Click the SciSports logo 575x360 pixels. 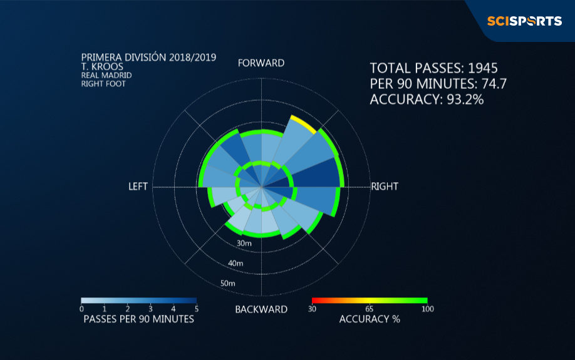[524, 21]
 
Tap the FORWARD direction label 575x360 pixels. [261, 63]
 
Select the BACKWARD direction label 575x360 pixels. [261, 309]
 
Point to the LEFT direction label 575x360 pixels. [138, 187]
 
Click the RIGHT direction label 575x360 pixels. [385, 187]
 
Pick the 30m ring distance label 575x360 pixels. [244, 243]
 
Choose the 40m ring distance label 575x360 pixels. [236, 263]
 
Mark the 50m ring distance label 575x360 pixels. [228, 284]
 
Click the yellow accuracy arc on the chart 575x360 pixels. [304, 124]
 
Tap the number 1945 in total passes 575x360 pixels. [482, 68]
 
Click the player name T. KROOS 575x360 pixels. [102, 67]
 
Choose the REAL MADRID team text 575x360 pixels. [106, 75]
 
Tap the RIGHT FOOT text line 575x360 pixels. [103, 84]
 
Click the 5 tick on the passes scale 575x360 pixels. [197, 309]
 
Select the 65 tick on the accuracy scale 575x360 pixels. [370, 309]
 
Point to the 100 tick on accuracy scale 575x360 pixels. [428, 309]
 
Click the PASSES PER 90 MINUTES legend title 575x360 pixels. [138, 319]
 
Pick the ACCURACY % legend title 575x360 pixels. [370, 319]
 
